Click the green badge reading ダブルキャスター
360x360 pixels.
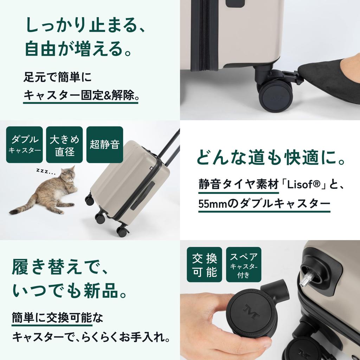click(x=24, y=144)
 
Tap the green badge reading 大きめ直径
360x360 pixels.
click(x=64, y=144)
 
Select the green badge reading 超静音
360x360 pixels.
click(x=104, y=144)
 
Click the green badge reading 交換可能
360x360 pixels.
click(x=204, y=264)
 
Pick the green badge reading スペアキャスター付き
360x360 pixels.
click(x=244, y=264)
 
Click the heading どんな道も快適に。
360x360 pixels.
click(x=270, y=159)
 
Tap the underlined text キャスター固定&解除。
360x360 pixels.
click(x=81, y=95)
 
